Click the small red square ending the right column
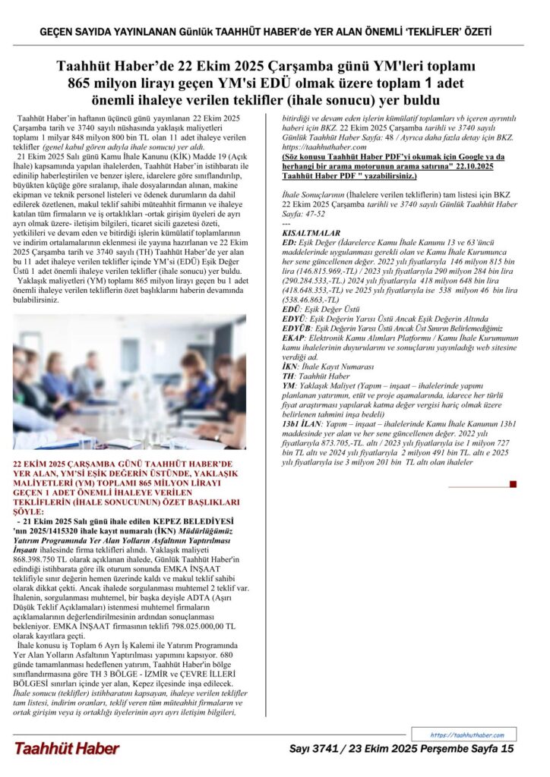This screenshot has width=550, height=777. pos(514,483)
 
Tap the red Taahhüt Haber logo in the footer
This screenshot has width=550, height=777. pos(66,749)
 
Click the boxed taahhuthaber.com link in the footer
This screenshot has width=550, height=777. pos(467,735)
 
